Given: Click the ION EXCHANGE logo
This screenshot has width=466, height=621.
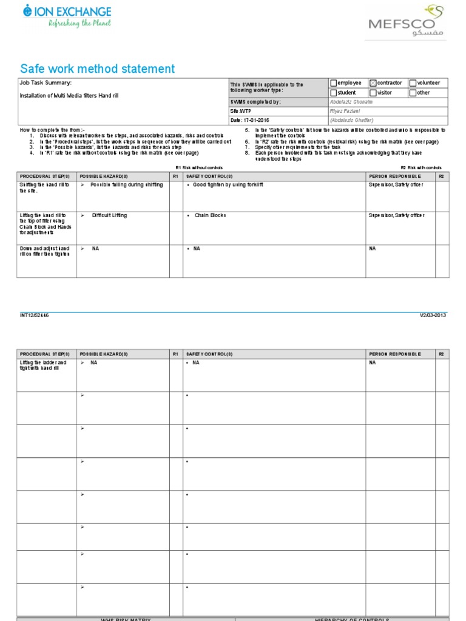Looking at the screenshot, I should pyautogui.click(x=67, y=16).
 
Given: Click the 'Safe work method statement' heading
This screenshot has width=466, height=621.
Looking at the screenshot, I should pyautogui.click(x=98, y=69).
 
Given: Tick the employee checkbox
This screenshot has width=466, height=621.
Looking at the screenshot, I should pyautogui.click(x=333, y=83).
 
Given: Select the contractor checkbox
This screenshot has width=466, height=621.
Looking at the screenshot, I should pyautogui.click(x=373, y=83).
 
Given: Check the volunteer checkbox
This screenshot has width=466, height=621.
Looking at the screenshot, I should pyautogui.click(x=413, y=83).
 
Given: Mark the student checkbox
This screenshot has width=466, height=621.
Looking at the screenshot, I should pyautogui.click(x=333, y=93).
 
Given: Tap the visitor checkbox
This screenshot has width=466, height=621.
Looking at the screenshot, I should pyautogui.click(x=373, y=93).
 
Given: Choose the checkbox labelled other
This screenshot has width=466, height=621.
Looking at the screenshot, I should pyautogui.click(x=413, y=93).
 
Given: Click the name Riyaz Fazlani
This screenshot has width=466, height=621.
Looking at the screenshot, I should pyautogui.click(x=345, y=112).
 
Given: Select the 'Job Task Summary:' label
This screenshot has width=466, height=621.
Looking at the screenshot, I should pyautogui.click(x=46, y=82).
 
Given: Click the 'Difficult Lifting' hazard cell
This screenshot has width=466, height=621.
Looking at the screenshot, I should pyautogui.click(x=109, y=215).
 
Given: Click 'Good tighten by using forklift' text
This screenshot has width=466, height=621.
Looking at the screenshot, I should pyautogui.click(x=228, y=184).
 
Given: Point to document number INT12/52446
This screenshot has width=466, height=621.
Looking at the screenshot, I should pyautogui.click(x=35, y=315).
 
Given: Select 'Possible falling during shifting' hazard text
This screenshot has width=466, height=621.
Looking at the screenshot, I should pyautogui.click(x=126, y=184).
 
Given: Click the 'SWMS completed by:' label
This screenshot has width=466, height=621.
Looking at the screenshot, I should pyautogui.click(x=255, y=102).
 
